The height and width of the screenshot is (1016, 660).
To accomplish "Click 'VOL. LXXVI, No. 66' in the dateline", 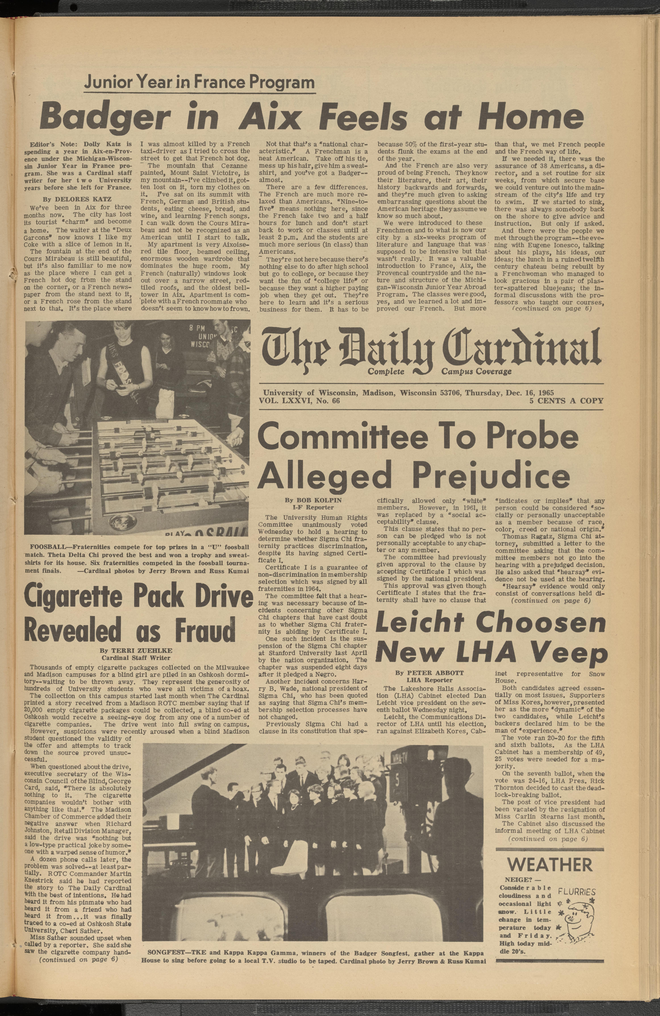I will click(301, 401).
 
